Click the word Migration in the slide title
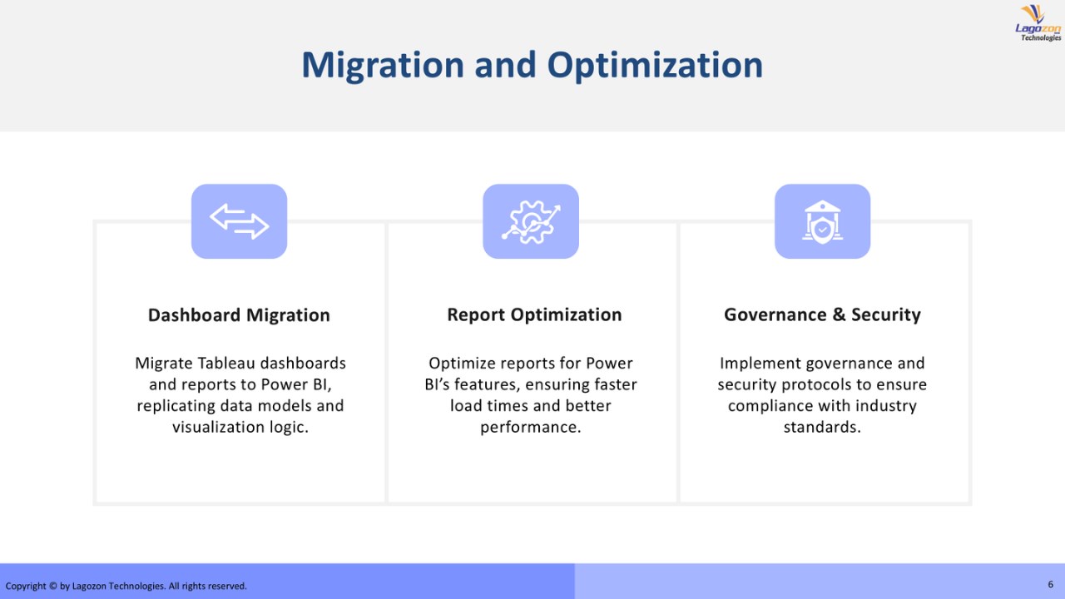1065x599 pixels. [383, 65]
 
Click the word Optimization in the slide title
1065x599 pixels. [655, 65]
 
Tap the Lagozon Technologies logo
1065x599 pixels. [1038, 23]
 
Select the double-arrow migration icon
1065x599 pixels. [239, 221]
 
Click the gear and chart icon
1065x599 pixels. [531, 222]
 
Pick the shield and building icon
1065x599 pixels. [823, 222]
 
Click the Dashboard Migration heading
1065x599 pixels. [239, 315]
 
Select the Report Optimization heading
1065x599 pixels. [534, 314]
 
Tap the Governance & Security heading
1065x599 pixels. [823, 314]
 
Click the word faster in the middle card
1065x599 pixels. [613, 384]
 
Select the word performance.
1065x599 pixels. [531, 428]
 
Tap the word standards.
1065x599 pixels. [823, 427]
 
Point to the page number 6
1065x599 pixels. [1051, 584]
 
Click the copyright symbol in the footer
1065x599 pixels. [52, 587]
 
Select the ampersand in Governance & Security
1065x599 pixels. [839, 314]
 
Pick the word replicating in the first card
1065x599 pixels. [176, 406]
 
